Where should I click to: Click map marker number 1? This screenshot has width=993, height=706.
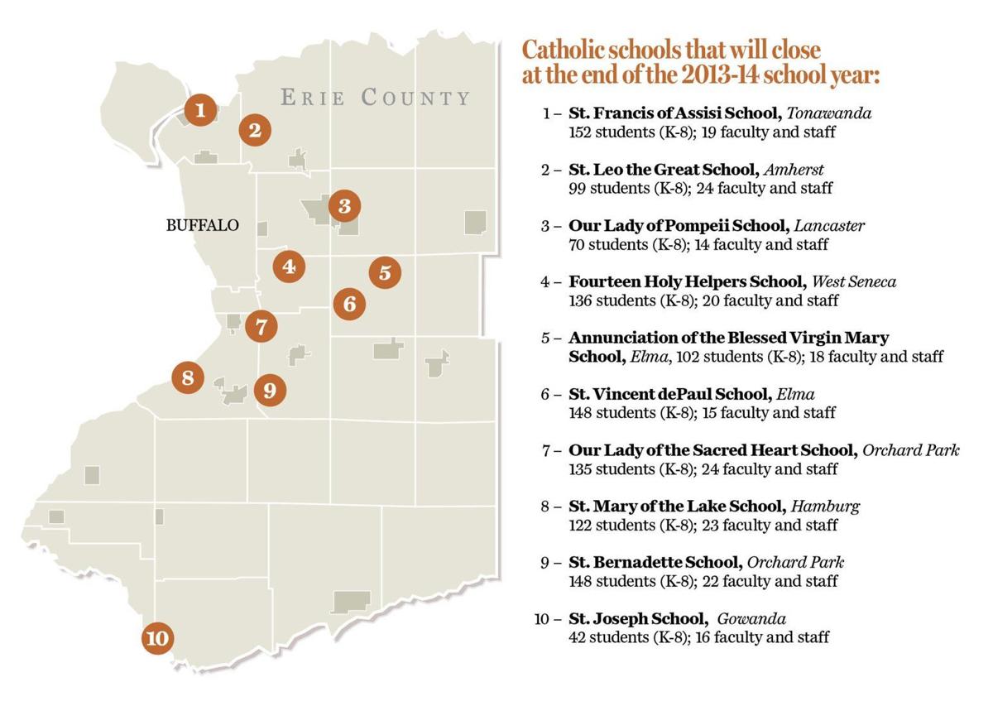point(199,109)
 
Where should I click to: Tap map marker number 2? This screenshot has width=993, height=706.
point(255,130)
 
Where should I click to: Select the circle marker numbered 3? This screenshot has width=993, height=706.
point(344,206)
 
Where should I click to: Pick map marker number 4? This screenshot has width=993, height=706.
point(289,267)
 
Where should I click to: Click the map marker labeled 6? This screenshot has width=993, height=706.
point(349,304)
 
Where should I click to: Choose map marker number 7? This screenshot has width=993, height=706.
point(261,326)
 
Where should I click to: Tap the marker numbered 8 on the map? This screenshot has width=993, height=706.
point(188,378)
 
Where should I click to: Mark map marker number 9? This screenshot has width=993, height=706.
point(270,389)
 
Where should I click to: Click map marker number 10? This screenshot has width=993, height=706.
point(157,638)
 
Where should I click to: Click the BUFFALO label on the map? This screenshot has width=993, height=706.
point(203,225)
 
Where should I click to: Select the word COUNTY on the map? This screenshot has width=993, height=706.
point(415,98)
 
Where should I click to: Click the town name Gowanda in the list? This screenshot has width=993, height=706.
point(751,619)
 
